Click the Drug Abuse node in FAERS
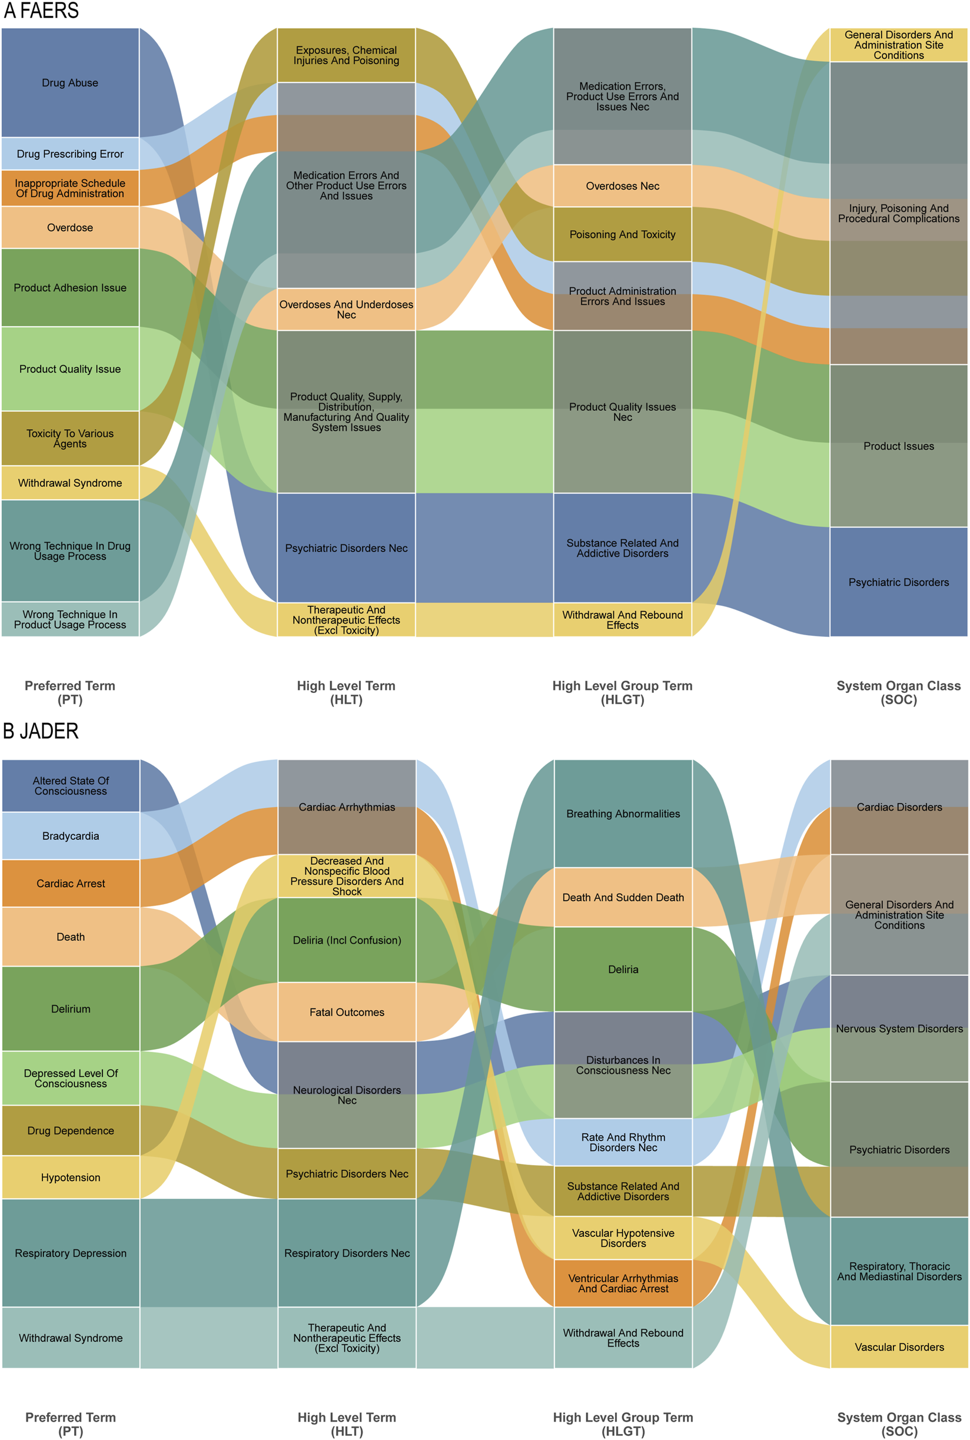(70, 82)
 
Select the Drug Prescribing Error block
(70, 154)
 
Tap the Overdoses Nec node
(622, 185)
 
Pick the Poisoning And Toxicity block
(622, 234)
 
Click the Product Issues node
(898, 446)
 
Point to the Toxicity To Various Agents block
(70, 438)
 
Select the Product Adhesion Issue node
(70, 288)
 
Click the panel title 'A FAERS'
(41, 11)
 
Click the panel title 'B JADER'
(41, 731)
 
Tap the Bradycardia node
(71, 835)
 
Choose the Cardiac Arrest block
(71, 883)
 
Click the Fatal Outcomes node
(347, 1012)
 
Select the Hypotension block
(71, 1177)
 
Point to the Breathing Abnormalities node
(623, 814)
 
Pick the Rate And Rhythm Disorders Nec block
(623, 1142)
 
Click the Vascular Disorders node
(899, 1346)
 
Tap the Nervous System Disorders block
(899, 1028)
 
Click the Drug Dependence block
(71, 1130)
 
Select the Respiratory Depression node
(71, 1253)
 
